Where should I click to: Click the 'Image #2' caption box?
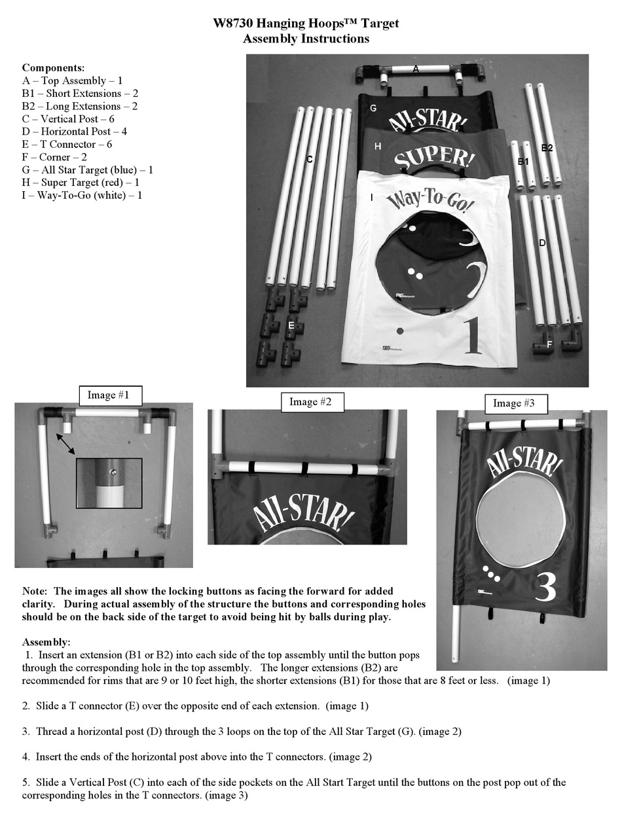[x=310, y=402]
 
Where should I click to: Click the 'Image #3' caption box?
[x=514, y=404]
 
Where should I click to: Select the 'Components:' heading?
[x=53, y=67]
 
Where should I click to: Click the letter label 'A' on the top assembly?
[x=415, y=68]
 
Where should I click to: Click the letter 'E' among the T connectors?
[x=291, y=325]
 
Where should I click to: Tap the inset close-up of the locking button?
[x=109, y=483]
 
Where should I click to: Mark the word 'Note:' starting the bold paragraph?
[x=35, y=592]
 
